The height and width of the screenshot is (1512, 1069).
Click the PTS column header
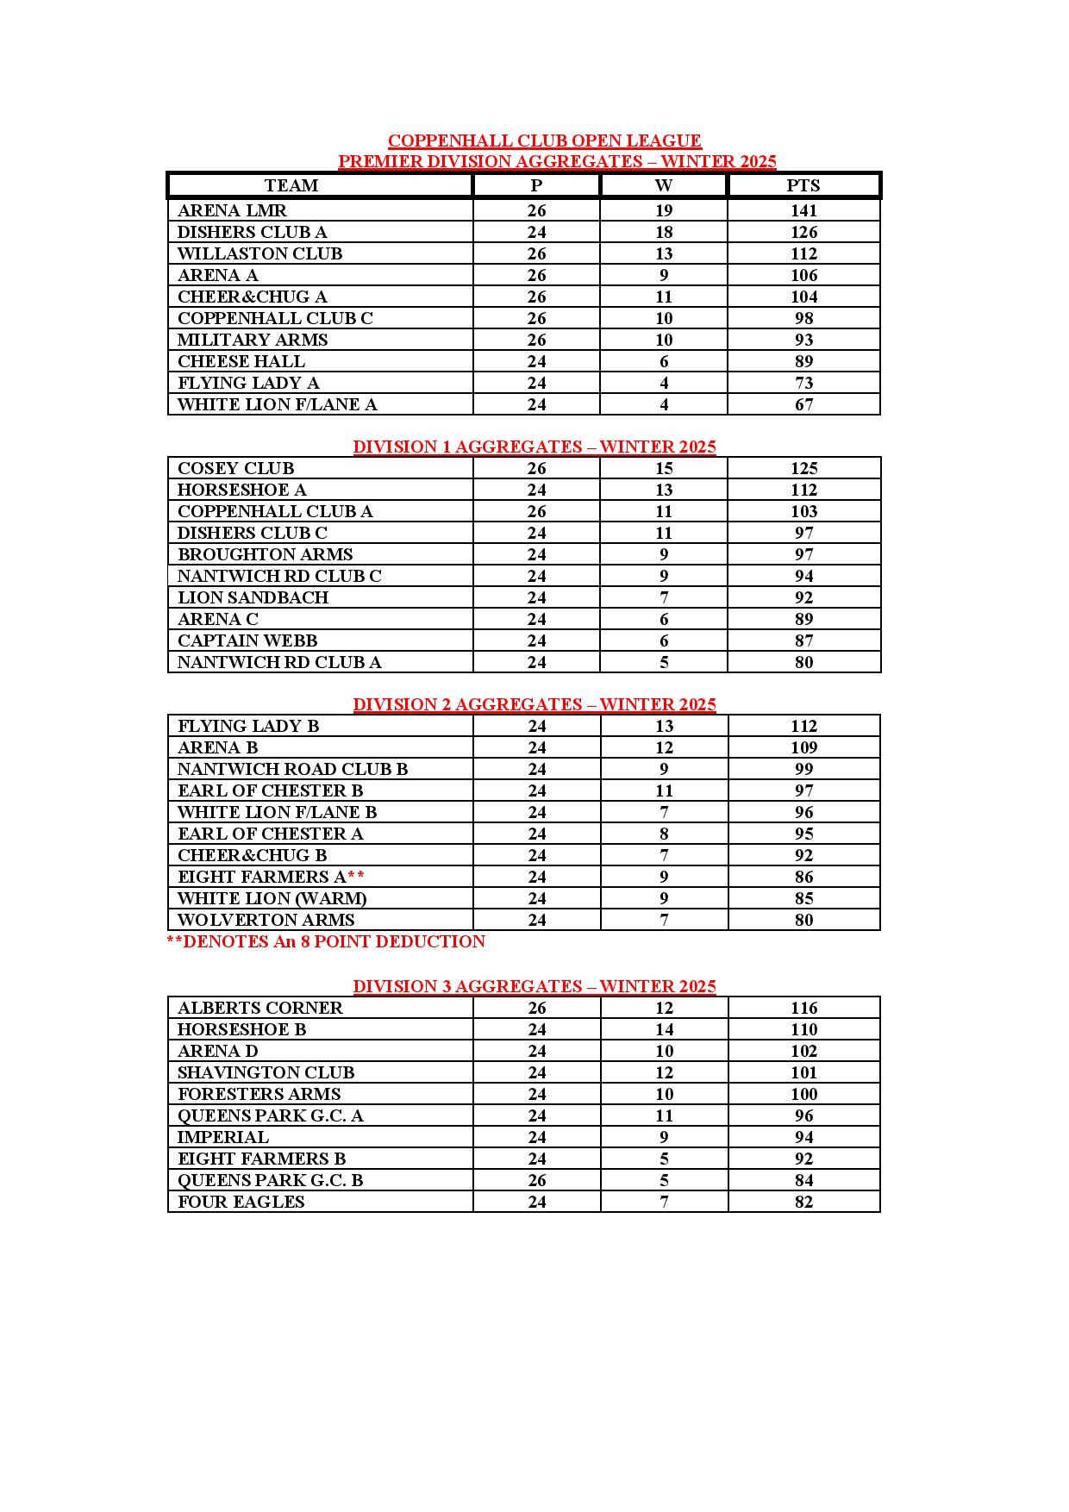click(x=803, y=185)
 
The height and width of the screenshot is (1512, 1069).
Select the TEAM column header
click(x=291, y=185)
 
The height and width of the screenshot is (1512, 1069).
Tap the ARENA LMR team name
click(x=232, y=210)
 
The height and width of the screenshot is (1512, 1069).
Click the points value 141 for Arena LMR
click(x=803, y=210)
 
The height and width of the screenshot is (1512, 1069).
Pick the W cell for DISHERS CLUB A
click(x=664, y=232)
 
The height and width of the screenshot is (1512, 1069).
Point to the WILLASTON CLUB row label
click(x=259, y=253)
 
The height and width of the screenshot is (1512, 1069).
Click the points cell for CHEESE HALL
click(x=803, y=361)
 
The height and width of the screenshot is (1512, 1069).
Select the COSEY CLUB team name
click(x=235, y=468)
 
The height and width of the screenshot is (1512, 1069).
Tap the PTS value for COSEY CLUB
click(x=803, y=468)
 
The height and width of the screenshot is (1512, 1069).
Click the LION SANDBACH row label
click(x=253, y=597)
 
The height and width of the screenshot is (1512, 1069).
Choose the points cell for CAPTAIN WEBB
click(x=803, y=640)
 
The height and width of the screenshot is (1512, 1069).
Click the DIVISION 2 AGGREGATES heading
click(x=534, y=704)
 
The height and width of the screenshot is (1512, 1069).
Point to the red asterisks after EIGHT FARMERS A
click(x=356, y=877)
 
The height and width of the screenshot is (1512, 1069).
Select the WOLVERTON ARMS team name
click(x=266, y=920)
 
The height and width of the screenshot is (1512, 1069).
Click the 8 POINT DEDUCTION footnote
click(x=326, y=941)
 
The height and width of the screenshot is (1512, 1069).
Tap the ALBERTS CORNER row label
click(x=259, y=1008)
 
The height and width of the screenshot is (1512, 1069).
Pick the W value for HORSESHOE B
click(x=664, y=1029)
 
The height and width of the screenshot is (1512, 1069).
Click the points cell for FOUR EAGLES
click(x=803, y=1202)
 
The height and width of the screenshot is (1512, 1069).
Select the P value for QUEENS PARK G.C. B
click(x=536, y=1180)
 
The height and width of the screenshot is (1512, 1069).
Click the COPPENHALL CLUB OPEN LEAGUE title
click(x=544, y=141)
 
